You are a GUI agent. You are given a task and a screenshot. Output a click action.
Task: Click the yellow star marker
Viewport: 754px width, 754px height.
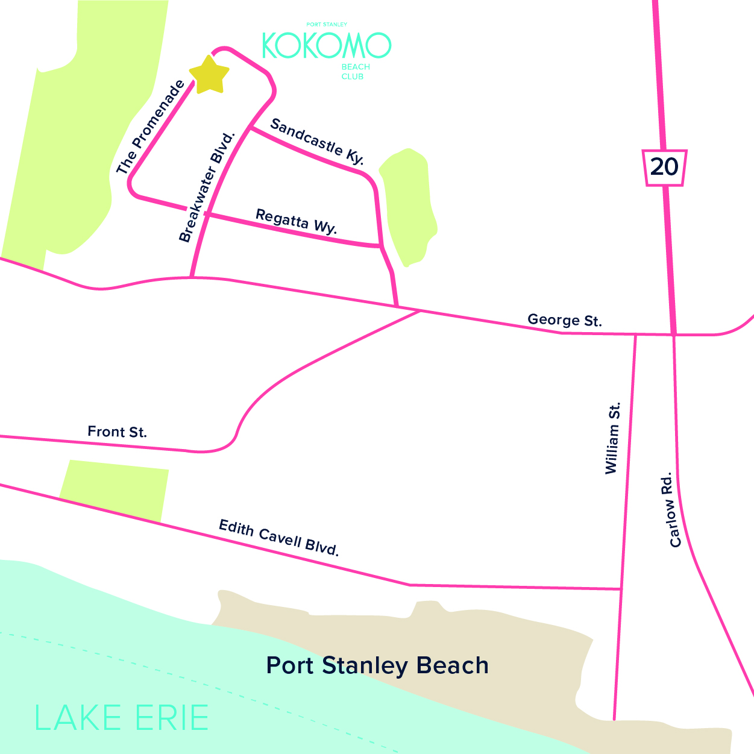(x=209, y=75)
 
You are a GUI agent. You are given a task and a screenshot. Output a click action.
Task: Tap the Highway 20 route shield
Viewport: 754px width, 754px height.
(x=665, y=167)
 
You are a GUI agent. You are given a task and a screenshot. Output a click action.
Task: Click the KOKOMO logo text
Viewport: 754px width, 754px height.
(x=326, y=45)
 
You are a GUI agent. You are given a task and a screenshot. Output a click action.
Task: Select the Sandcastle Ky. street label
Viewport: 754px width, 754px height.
(x=317, y=142)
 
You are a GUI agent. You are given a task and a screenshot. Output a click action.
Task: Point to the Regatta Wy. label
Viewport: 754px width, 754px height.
(x=296, y=221)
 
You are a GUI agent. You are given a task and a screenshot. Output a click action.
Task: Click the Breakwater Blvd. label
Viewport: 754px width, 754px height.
(x=206, y=187)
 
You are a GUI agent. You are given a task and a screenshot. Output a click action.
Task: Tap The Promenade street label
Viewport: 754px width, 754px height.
(x=150, y=128)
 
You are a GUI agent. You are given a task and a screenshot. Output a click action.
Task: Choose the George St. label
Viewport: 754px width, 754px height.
(x=564, y=320)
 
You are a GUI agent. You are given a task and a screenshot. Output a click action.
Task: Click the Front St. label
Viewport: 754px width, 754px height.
(x=117, y=432)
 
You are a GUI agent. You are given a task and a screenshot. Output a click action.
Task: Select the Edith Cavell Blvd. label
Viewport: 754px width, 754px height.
(x=279, y=537)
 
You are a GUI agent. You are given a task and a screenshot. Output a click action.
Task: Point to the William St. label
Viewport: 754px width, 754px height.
(x=612, y=439)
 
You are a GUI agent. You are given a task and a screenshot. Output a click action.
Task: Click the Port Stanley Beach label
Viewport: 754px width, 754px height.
(x=377, y=665)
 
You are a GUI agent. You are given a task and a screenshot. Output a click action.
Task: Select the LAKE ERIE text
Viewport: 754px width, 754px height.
(x=121, y=718)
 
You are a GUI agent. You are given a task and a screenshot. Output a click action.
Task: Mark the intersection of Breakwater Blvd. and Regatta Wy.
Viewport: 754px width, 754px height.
(x=207, y=213)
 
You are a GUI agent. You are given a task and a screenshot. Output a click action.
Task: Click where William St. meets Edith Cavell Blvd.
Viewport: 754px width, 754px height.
(x=621, y=588)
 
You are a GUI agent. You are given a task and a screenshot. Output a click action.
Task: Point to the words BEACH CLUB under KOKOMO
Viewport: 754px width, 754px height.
(x=356, y=72)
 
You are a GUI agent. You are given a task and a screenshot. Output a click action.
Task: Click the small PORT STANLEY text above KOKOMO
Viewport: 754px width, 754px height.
(x=327, y=25)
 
